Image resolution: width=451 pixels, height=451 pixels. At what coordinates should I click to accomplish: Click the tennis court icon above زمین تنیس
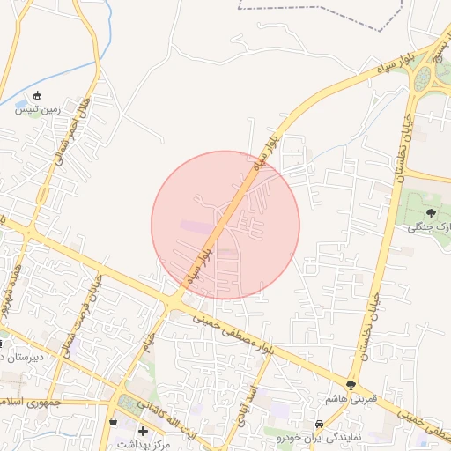coord(37,96)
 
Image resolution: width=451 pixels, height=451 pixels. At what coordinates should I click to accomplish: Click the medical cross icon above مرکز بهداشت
coord(144,431)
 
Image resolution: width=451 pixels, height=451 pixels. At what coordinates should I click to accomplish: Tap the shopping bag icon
coord(113,422)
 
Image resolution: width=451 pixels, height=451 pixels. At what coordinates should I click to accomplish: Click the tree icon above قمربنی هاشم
coord(351,386)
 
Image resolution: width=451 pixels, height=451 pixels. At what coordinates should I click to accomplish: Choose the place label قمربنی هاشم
coord(351,399)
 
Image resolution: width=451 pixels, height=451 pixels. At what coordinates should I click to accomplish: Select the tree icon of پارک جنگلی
coord(431,212)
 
